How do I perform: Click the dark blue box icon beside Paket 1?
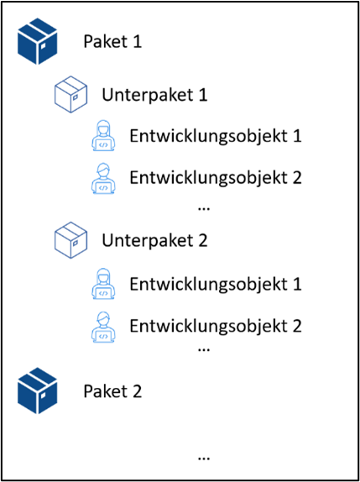38,41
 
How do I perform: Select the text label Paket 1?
112,41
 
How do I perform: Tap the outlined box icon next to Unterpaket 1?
70,94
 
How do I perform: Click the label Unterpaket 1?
155,96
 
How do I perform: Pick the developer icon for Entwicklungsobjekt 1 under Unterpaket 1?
104,136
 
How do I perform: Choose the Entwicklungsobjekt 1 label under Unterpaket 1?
216,137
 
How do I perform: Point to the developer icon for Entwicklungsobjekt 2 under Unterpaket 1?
104,178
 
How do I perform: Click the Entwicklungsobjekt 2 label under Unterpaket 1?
216,179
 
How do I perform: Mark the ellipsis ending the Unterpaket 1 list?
204,209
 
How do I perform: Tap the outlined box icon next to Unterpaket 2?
70,240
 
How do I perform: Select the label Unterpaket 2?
155,241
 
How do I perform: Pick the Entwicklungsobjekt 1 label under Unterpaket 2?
216,285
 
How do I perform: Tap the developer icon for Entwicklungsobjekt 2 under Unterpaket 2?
104,327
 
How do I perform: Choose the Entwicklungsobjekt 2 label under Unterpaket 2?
216,327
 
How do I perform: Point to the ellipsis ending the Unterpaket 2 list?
204,350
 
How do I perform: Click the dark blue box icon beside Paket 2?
38,390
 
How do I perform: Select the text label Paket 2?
112,391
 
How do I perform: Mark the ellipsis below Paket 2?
204,458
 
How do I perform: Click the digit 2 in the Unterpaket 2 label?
203,240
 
